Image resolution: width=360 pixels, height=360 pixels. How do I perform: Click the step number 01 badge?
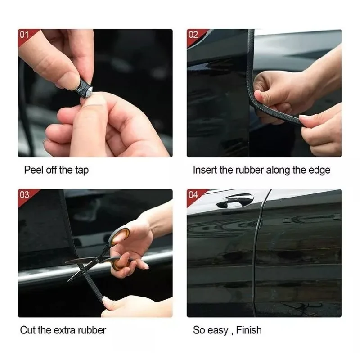tap(24, 35)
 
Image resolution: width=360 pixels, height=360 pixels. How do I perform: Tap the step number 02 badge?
tap(193, 35)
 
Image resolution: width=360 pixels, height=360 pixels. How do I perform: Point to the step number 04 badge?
tap(193, 195)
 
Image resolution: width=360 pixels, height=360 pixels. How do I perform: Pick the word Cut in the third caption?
tap(27, 330)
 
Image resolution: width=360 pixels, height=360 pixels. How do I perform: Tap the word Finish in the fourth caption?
tap(247, 330)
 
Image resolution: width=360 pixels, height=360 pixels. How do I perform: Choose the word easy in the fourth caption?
tap(217, 330)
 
